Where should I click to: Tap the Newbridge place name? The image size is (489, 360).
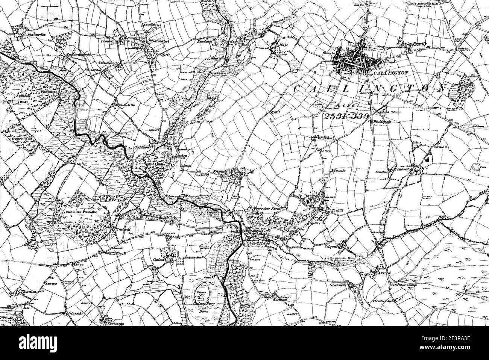point(259,244)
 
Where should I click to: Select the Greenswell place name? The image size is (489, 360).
point(337,285)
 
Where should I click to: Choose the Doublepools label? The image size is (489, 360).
point(384,121)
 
